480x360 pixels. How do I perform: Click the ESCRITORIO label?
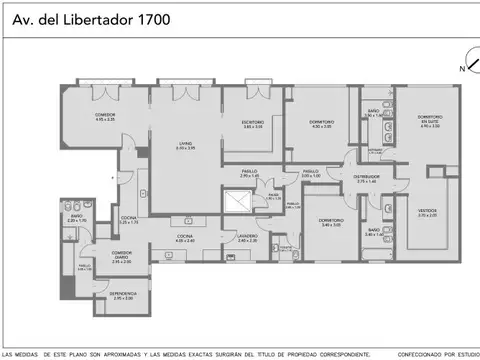[x=254, y=124]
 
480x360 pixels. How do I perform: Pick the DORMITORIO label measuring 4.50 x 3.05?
[x=321, y=124]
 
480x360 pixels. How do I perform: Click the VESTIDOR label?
[x=427, y=211]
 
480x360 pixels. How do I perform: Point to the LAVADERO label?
[x=247, y=236]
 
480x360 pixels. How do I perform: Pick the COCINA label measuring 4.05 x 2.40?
[x=186, y=236]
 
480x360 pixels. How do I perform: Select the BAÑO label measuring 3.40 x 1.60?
[x=373, y=232]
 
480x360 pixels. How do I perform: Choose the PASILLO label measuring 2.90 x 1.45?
[x=249, y=172]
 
